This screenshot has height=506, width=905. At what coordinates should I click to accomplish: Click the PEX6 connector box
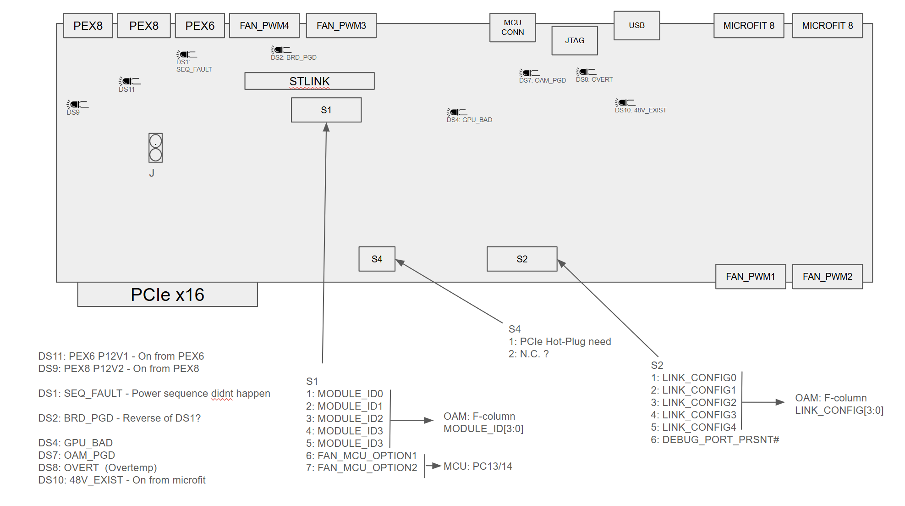point(200,26)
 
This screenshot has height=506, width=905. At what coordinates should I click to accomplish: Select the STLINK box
point(309,81)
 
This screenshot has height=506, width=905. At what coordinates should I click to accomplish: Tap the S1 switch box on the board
point(326,110)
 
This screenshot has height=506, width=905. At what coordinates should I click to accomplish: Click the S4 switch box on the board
point(377,259)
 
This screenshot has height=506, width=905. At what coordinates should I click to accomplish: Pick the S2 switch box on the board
point(522,259)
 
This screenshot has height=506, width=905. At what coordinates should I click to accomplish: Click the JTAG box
point(575,40)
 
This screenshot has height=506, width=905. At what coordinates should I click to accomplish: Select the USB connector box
point(636,26)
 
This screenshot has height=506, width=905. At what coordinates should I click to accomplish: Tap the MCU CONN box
point(512,28)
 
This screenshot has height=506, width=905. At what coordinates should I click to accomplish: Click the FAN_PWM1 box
point(751,277)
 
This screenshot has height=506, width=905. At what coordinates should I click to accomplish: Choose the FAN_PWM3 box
point(341,26)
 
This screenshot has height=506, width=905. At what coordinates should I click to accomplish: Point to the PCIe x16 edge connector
point(167,295)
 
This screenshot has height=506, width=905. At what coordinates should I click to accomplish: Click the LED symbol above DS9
point(77,104)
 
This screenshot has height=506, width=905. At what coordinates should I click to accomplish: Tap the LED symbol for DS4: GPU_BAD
point(457,112)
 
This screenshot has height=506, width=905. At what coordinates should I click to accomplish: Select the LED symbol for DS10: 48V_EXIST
point(625,102)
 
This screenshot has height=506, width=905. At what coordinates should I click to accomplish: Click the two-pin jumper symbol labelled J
point(155,148)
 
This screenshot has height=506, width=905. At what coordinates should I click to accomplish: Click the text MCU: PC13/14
point(478,466)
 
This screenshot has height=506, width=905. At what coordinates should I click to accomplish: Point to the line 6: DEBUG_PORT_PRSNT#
point(715,439)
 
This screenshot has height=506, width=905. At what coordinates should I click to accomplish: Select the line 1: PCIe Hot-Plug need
point(559,341)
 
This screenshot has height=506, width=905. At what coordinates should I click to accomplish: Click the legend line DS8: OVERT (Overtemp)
point(98,467)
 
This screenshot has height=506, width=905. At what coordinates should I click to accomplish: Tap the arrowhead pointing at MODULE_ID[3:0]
point(428,420)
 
